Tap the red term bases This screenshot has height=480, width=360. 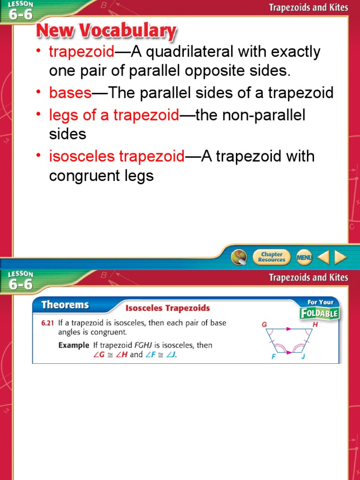click(x=70, y=92)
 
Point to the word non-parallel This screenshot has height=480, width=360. click(x=264, y=115)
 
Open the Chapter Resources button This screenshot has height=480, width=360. click(x=271, y=257)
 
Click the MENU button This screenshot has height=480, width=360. click(x=304, y=257)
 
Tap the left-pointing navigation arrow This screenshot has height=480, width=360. click(x=323, y=257)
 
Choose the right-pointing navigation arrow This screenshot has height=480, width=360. click(x=340, y=257)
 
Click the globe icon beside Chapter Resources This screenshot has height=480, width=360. click(x=239, y=257)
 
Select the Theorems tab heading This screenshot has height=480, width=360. click(x=65, y=305)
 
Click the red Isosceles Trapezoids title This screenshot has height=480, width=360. click(x=168, y=308)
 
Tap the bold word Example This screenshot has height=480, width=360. click(x=74, y=345)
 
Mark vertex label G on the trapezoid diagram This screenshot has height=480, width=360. click(x=263, y=324)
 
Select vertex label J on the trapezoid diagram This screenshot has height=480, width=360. click(x=302, y=357)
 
